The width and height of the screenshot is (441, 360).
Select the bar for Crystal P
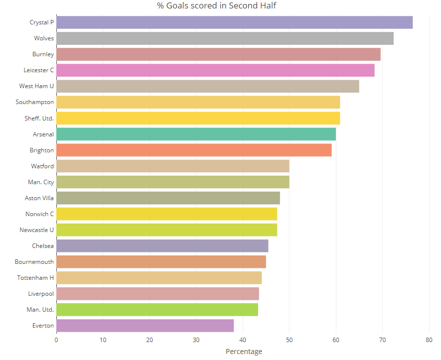click(x=234, y=22)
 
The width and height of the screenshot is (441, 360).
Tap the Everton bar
click(x=145, y=326)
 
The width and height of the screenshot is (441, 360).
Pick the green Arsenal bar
click(x=196, y=134)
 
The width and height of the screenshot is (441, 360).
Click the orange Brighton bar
click(x=194, y=150)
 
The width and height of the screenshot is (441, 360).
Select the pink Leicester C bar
click(x=215, y=70)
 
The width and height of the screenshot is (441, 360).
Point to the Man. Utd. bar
click(x=157, y=310)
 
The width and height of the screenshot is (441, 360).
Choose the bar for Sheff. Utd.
click(x=198, y=118)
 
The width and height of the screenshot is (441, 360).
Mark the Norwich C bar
click(x=166, y=214)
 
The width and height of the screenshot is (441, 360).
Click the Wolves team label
click(x=44, y=38)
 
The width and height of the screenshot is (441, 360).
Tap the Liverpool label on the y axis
click(x=41, y=294)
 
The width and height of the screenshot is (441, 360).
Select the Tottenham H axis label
click(x=35, y=278)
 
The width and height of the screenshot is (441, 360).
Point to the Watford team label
click(x=42, y=166)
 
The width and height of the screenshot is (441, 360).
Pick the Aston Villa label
click(x=39, y=198)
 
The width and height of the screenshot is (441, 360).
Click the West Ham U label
click(x=36, y=86)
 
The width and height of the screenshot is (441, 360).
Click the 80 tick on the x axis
click(x=429, y=340)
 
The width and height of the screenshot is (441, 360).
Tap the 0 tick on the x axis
click(x=56, y=340)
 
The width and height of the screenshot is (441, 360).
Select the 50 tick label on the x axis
click(x=289, y=340)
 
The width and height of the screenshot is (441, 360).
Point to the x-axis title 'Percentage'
click(x=244, y=352)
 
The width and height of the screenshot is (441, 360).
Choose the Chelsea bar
click(x=162, y=246)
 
